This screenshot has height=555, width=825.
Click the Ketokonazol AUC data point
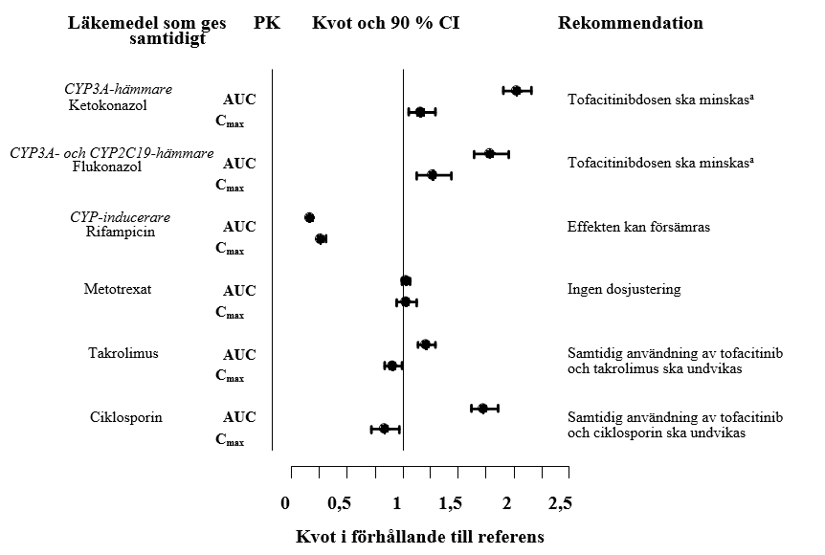tap(516, 91)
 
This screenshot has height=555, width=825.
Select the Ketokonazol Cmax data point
tap(420, 112)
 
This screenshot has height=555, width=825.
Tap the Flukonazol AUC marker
tap(489, 153)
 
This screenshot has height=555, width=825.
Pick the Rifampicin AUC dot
tap(309, 218)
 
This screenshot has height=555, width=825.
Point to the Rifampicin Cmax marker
tap(321, 238)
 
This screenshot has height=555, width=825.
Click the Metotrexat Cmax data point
tap(405, 302)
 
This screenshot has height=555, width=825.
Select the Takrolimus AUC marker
tap(425, 344)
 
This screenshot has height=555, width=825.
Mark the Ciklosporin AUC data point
tap(483, 409)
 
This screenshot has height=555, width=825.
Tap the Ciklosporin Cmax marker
tap(384, 429)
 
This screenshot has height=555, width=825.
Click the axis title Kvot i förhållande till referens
tap(419, 536)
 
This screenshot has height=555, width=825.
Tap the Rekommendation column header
tap(630, 23)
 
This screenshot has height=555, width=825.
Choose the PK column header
tap(267, 23)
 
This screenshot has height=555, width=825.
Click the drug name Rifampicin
tap(120, 232)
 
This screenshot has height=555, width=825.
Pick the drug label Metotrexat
tap(118, 288)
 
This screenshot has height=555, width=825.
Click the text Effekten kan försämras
tap(638, 227)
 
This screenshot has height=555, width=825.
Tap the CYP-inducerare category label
tap(120, 216)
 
